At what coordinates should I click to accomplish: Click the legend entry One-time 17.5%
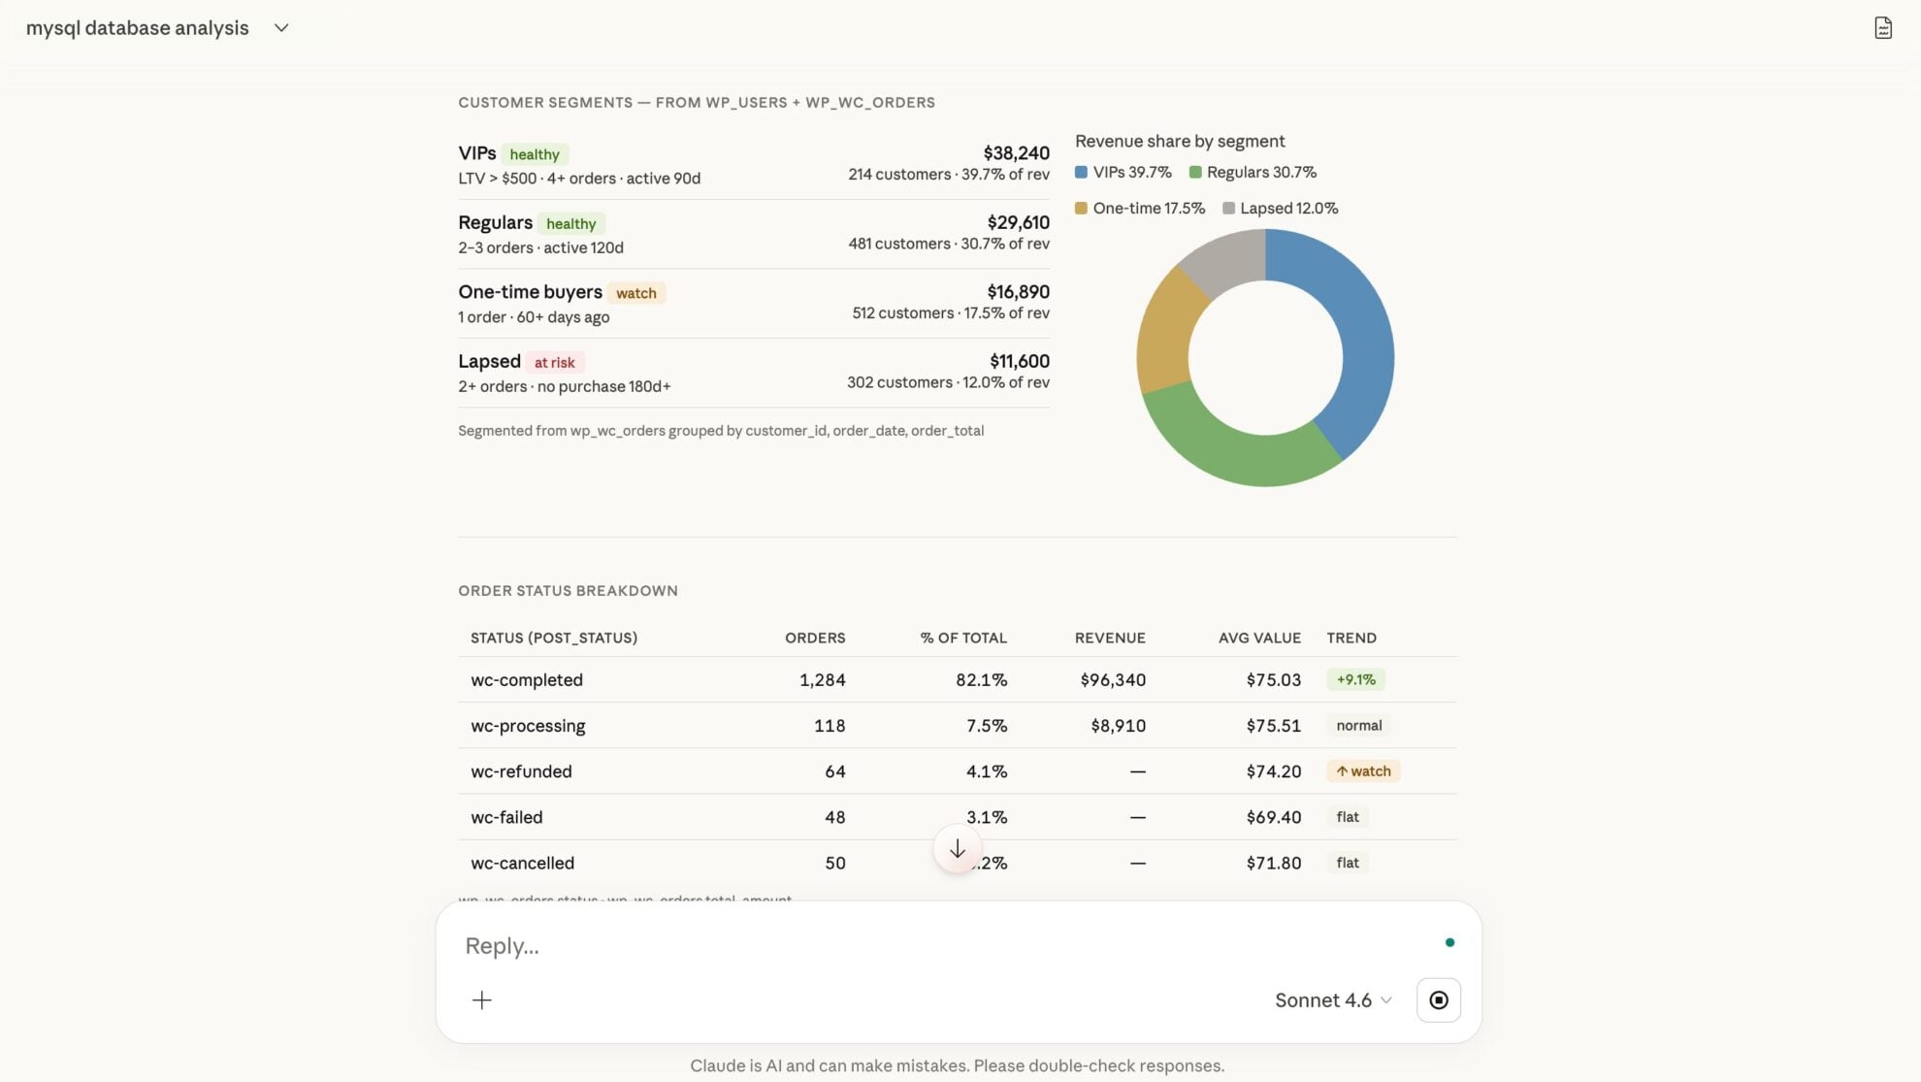pyautogui.click(x=1140, y=209)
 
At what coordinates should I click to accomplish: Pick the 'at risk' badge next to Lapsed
pyautogui.click(x=554, y=363)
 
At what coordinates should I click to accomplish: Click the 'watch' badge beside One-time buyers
pyautogui.click(x=635, y=293)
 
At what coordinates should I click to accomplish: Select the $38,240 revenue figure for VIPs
pyautogui.click(x=1016, y=153)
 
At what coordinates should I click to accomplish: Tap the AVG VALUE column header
pyautogui.click(x=1259, y=639)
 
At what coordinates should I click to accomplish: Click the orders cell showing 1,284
pyautogui.click(x=822, y=680)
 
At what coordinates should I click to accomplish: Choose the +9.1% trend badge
pyautogui.click(x=1355, y=680)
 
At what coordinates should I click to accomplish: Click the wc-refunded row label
pyautogui.click(x=521, y=771)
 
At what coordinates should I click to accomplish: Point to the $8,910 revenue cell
pyautogui.click(x=1118, y=726)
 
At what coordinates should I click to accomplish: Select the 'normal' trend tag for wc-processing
pyautogui.click(x=1358, y=726)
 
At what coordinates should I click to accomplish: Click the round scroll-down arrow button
pyautogui.click(x=957, y=849)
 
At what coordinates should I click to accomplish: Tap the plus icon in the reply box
pyautogui.click(x=482, y=1000)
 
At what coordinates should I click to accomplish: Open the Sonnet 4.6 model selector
pyautogui.click(x=1333, y=1000)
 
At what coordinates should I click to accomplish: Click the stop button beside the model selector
pyautogui.click(x=1438, y=1000)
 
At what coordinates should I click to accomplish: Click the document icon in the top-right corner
pyautogui.click(x=1882, y=28)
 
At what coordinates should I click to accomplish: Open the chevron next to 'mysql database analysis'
pyautogui.click(x=281, y=28)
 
